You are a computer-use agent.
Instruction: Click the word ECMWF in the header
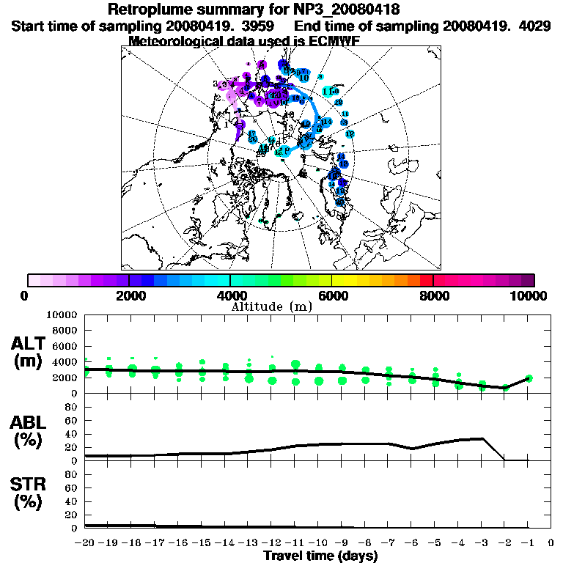pos(333,41)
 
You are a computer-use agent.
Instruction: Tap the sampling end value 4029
pos(529,26)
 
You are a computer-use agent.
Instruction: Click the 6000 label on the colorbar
pos(332,295)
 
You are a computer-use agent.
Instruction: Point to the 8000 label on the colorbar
pos(433,295)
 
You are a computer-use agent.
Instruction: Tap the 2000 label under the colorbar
pos(129,295)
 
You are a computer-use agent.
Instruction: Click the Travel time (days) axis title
pos(320,556)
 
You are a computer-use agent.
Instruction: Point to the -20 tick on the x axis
pos(86,543)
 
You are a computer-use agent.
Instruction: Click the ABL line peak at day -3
pos(482,438)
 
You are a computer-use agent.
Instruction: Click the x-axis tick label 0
pos(551,543)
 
